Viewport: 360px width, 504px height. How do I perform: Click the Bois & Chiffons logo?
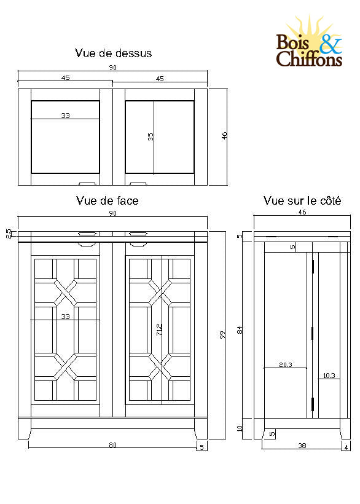pyautogui.click(x=309, y=42)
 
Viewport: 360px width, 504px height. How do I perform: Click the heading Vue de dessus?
pyautogui.click(x=113, y=53)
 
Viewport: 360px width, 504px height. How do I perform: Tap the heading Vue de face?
pyautogui.click(x=108, y=200)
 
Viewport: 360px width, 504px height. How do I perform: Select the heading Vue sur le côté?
pyautogui.click(x=302, y=200)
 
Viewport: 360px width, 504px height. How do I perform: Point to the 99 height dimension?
pyautogui.click(x=222, y=334)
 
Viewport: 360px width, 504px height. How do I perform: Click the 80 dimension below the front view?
pyautogui.click(x=112, y=445)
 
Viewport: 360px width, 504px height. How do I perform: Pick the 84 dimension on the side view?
pyautogui.click(x=240, y=330)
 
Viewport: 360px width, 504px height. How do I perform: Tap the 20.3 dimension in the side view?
pyautogui.click(x=286, y=364)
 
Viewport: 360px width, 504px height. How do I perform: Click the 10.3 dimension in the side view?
pyautogui.click(x=329, y=376)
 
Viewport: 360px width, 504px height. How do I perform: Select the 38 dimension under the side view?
pyautogui.click(x=302, y=446)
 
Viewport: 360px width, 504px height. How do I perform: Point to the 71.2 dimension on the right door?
pyautogui.click(x=159, y=329)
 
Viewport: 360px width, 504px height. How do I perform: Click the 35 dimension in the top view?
pyautogui.click(x=151, y=136)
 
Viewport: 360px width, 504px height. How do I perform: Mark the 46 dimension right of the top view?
pyautogui.click(x=224, y=136)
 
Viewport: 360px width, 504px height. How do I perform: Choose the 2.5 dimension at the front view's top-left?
pyautogui.click(x=9, y=234)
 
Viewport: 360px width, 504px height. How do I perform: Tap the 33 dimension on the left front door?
pyautogui.click(x=65, y=317)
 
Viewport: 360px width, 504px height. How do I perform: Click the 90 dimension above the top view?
pyautogui.click(x=112, y=68)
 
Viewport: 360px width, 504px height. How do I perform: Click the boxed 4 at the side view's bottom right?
pyautogui.click(x=346, y=447)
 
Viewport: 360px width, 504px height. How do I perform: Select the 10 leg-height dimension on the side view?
pyautogui.click(x=240, y=428)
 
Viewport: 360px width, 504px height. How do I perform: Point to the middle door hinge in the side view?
pyautogui.click(x=313, y=333)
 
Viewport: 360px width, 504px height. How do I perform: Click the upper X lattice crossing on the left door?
pyautogui.click(x=66, y=293)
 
